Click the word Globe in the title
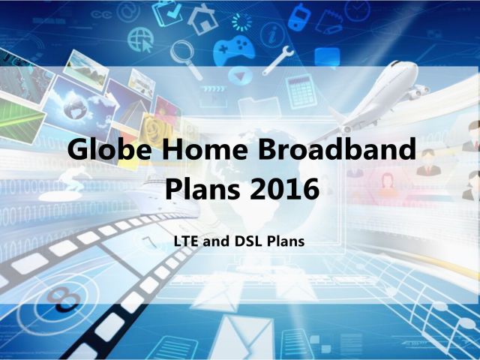pos(109,149)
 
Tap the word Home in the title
pos(205,149)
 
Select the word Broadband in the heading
pos(337,148)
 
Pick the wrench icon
pos(278,60)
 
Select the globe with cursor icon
pos(141,40)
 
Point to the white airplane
pos(376,98)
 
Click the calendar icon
pos(301,91)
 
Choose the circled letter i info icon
pos(272,34)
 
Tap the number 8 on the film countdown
pos(63,299)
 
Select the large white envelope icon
pos(241,337)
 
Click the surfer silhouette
pos(73,179)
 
